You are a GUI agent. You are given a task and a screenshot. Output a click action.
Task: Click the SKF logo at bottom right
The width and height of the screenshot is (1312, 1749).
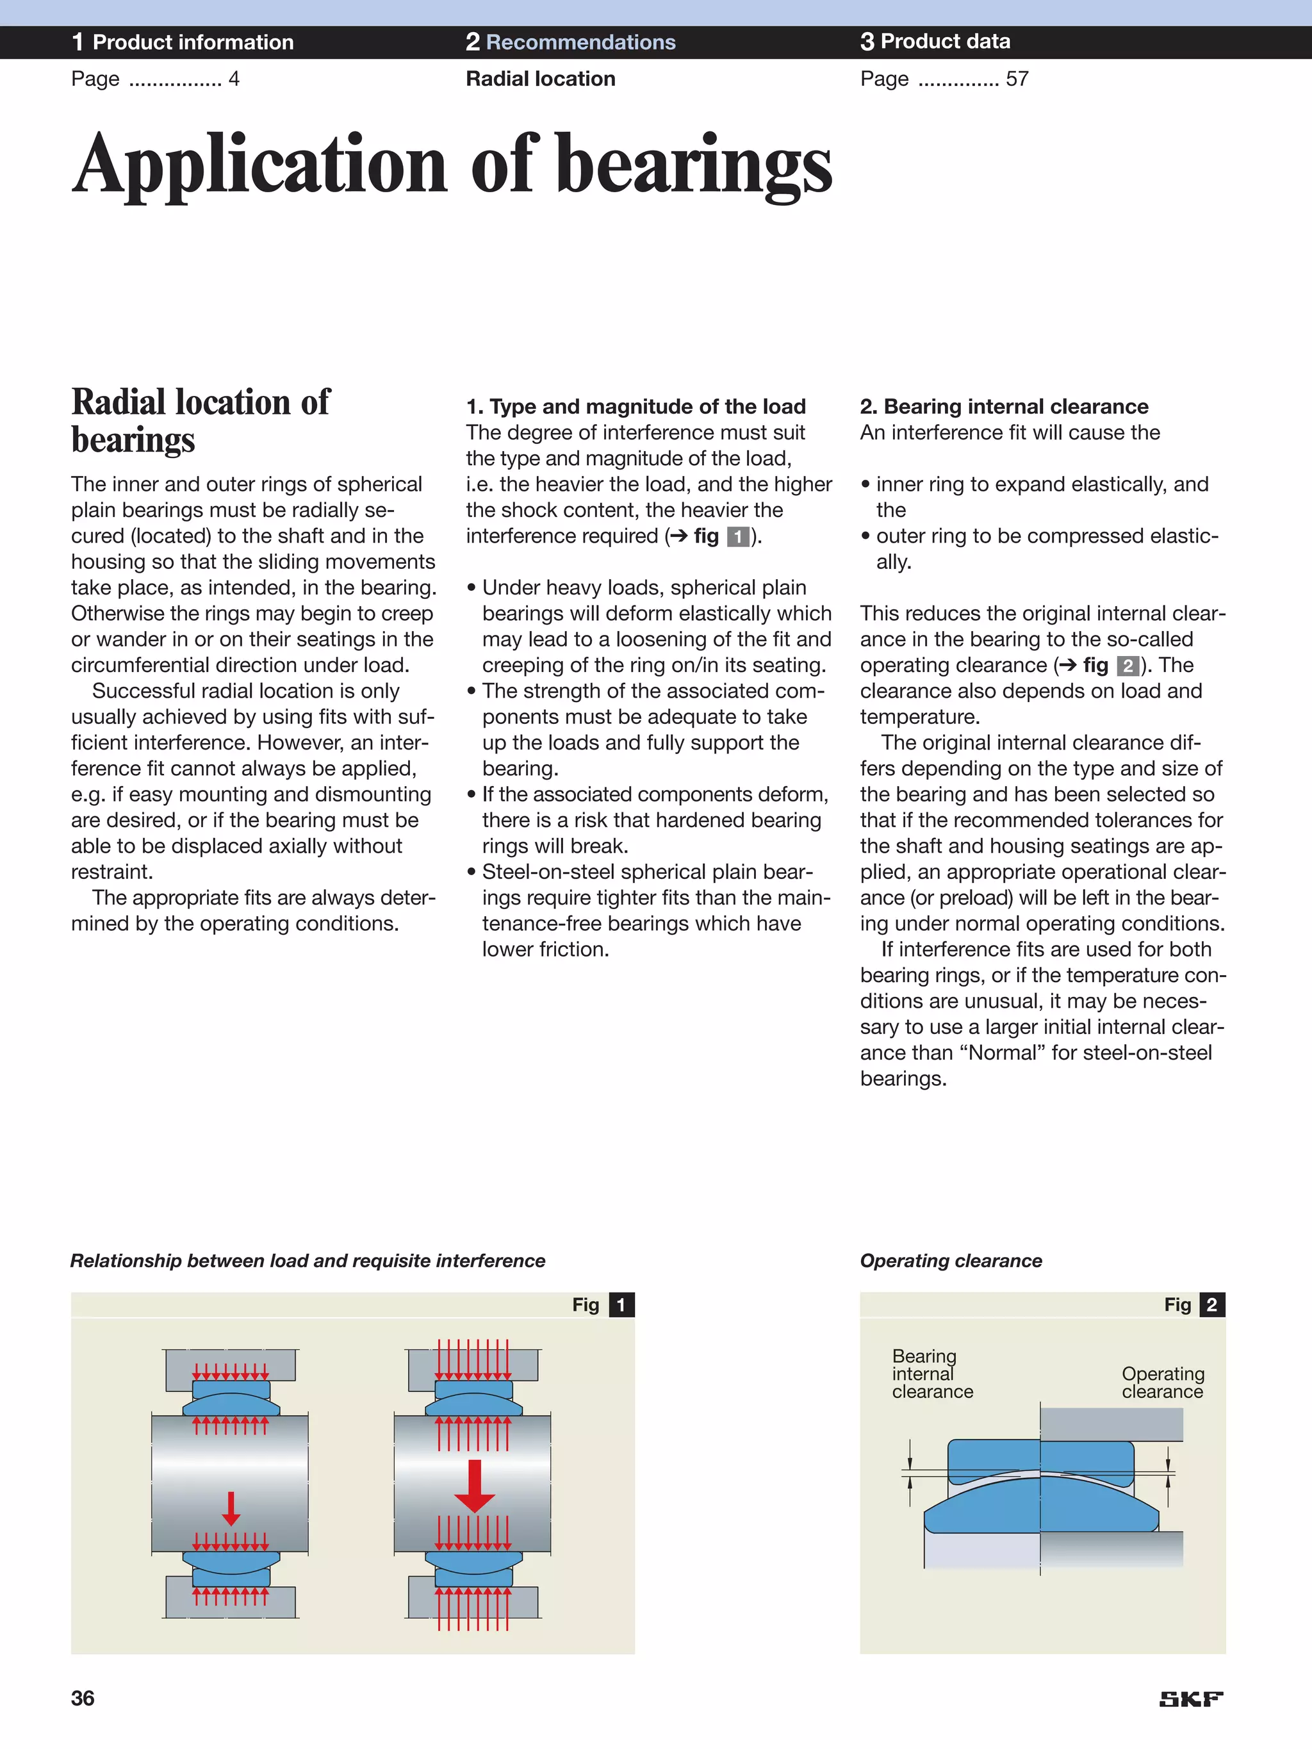click(x=1190, y=1698)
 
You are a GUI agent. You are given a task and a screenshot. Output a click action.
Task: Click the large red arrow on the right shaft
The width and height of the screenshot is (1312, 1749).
click(x=475, y=1486)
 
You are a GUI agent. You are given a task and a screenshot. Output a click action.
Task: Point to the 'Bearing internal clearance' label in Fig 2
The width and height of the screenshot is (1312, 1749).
click(x=931, y=1374)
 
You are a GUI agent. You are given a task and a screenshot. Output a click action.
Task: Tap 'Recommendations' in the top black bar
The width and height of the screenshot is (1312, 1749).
click(x=580, y=42)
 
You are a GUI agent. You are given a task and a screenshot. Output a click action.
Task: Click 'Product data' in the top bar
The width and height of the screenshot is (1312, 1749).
click(x=945, y=41)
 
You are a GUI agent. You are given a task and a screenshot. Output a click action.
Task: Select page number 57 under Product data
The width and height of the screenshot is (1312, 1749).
click(x=1017, y=79)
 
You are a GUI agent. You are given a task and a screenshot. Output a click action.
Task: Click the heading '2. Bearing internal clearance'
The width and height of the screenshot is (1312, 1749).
click(x=1004, y=406)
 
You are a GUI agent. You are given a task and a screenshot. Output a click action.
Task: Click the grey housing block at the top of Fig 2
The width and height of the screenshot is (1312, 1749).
click(x=1111, y=1425)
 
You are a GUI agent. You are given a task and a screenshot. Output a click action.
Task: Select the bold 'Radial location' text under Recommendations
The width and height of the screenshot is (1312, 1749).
click(x=540, y=79)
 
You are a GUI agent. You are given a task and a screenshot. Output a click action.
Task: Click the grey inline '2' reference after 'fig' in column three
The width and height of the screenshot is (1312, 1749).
click(x=1127, y=666)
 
